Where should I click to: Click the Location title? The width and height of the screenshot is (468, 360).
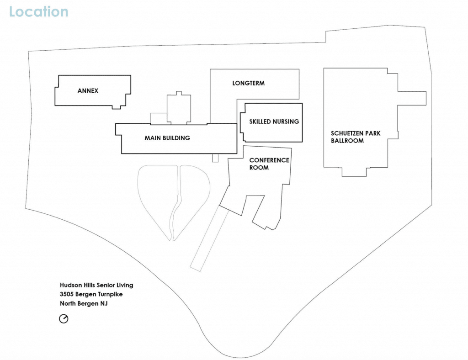(39, 12)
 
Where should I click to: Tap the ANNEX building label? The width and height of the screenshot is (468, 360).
(88, 90)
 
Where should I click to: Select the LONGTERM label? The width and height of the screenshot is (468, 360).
(248, 83)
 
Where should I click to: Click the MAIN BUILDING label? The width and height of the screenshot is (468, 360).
(167, 138)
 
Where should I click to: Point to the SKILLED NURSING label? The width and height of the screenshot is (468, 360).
(274, 122)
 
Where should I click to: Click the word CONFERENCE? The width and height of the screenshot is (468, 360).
(269, 160)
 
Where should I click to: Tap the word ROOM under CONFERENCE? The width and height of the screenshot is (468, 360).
(259, 168)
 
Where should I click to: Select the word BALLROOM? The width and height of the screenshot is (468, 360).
(347, 141)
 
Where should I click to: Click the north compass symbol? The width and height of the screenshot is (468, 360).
(64, 319)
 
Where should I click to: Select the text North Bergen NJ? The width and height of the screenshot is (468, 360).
(84, 304)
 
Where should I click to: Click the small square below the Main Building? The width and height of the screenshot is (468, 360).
(215, 158)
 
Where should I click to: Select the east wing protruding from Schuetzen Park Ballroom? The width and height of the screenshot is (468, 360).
(412, 98)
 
